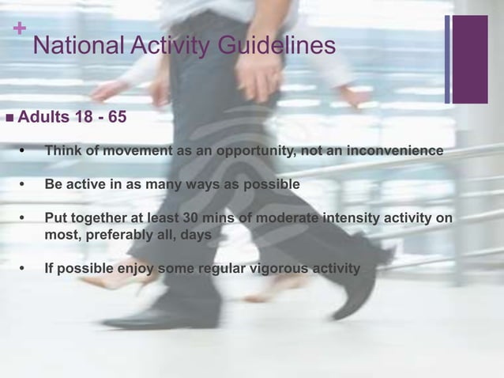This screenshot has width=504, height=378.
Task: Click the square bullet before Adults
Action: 9,119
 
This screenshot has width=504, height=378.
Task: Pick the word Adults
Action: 44,119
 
